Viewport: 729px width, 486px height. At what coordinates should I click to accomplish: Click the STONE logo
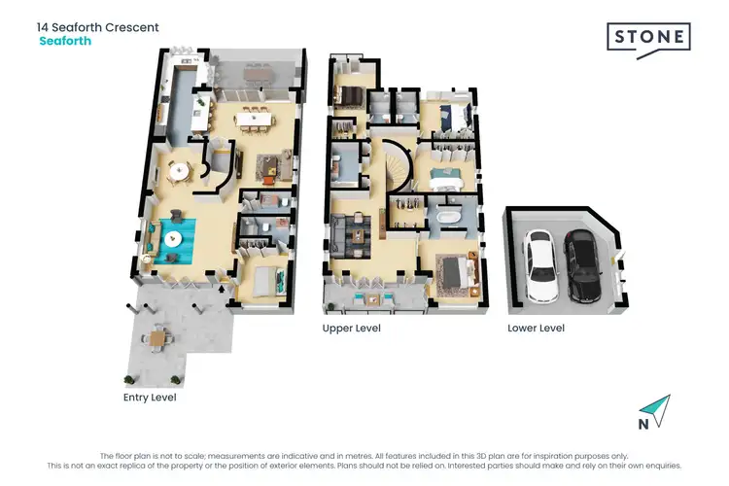click(649, 40)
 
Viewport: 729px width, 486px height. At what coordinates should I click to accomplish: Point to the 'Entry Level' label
click(150, 399)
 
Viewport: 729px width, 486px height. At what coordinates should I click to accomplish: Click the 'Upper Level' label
click(351, 329)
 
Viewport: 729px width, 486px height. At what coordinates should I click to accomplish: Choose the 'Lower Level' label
click(536, 329)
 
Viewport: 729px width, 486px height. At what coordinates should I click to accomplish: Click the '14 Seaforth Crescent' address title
click(98, 27)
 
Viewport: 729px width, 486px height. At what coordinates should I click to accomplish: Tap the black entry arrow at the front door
click(226, 290)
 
